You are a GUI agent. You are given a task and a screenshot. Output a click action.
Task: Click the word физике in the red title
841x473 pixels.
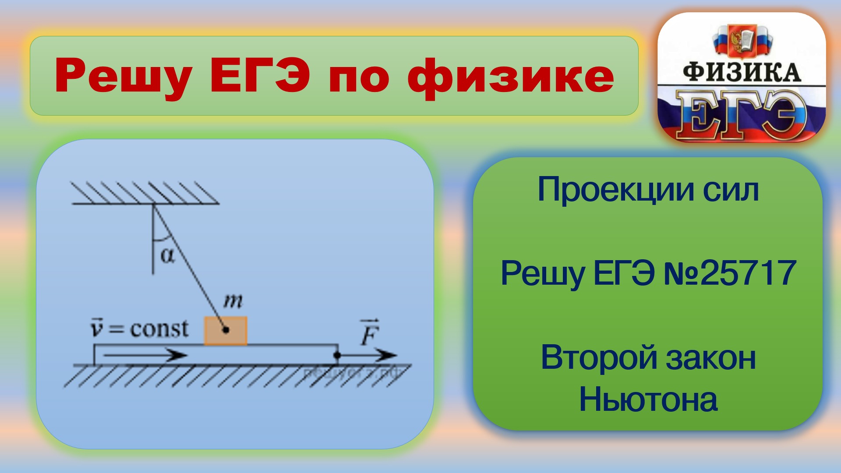[x=511, y=77]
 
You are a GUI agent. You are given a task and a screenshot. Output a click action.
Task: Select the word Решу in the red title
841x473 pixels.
[x=123, y=77]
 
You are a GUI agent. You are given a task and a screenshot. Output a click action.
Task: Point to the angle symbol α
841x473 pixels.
[x=167, y=255]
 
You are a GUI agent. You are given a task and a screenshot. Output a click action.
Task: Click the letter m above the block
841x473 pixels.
[x=233, y=301]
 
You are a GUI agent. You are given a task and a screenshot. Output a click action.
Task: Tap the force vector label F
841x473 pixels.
[x=369, y=334]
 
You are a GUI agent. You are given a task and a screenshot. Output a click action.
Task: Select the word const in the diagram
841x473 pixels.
[x=159, y=329]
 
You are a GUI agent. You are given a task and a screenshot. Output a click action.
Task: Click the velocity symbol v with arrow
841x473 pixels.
[x=96, y=328]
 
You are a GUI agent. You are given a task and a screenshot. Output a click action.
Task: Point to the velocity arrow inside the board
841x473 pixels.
[x=145, y=355]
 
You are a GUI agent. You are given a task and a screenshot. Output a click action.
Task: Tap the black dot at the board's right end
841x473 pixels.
[x=337, y=355]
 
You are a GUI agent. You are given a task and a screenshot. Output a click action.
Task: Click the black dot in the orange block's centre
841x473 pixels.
[x=226, y=330]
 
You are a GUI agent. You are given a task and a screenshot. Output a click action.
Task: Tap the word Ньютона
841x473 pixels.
[x=648, y=399]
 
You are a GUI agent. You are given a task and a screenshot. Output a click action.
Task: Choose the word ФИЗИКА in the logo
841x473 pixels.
[x=742, y=73]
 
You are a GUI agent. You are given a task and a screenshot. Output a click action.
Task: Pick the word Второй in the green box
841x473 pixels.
[x=599, y=358]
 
